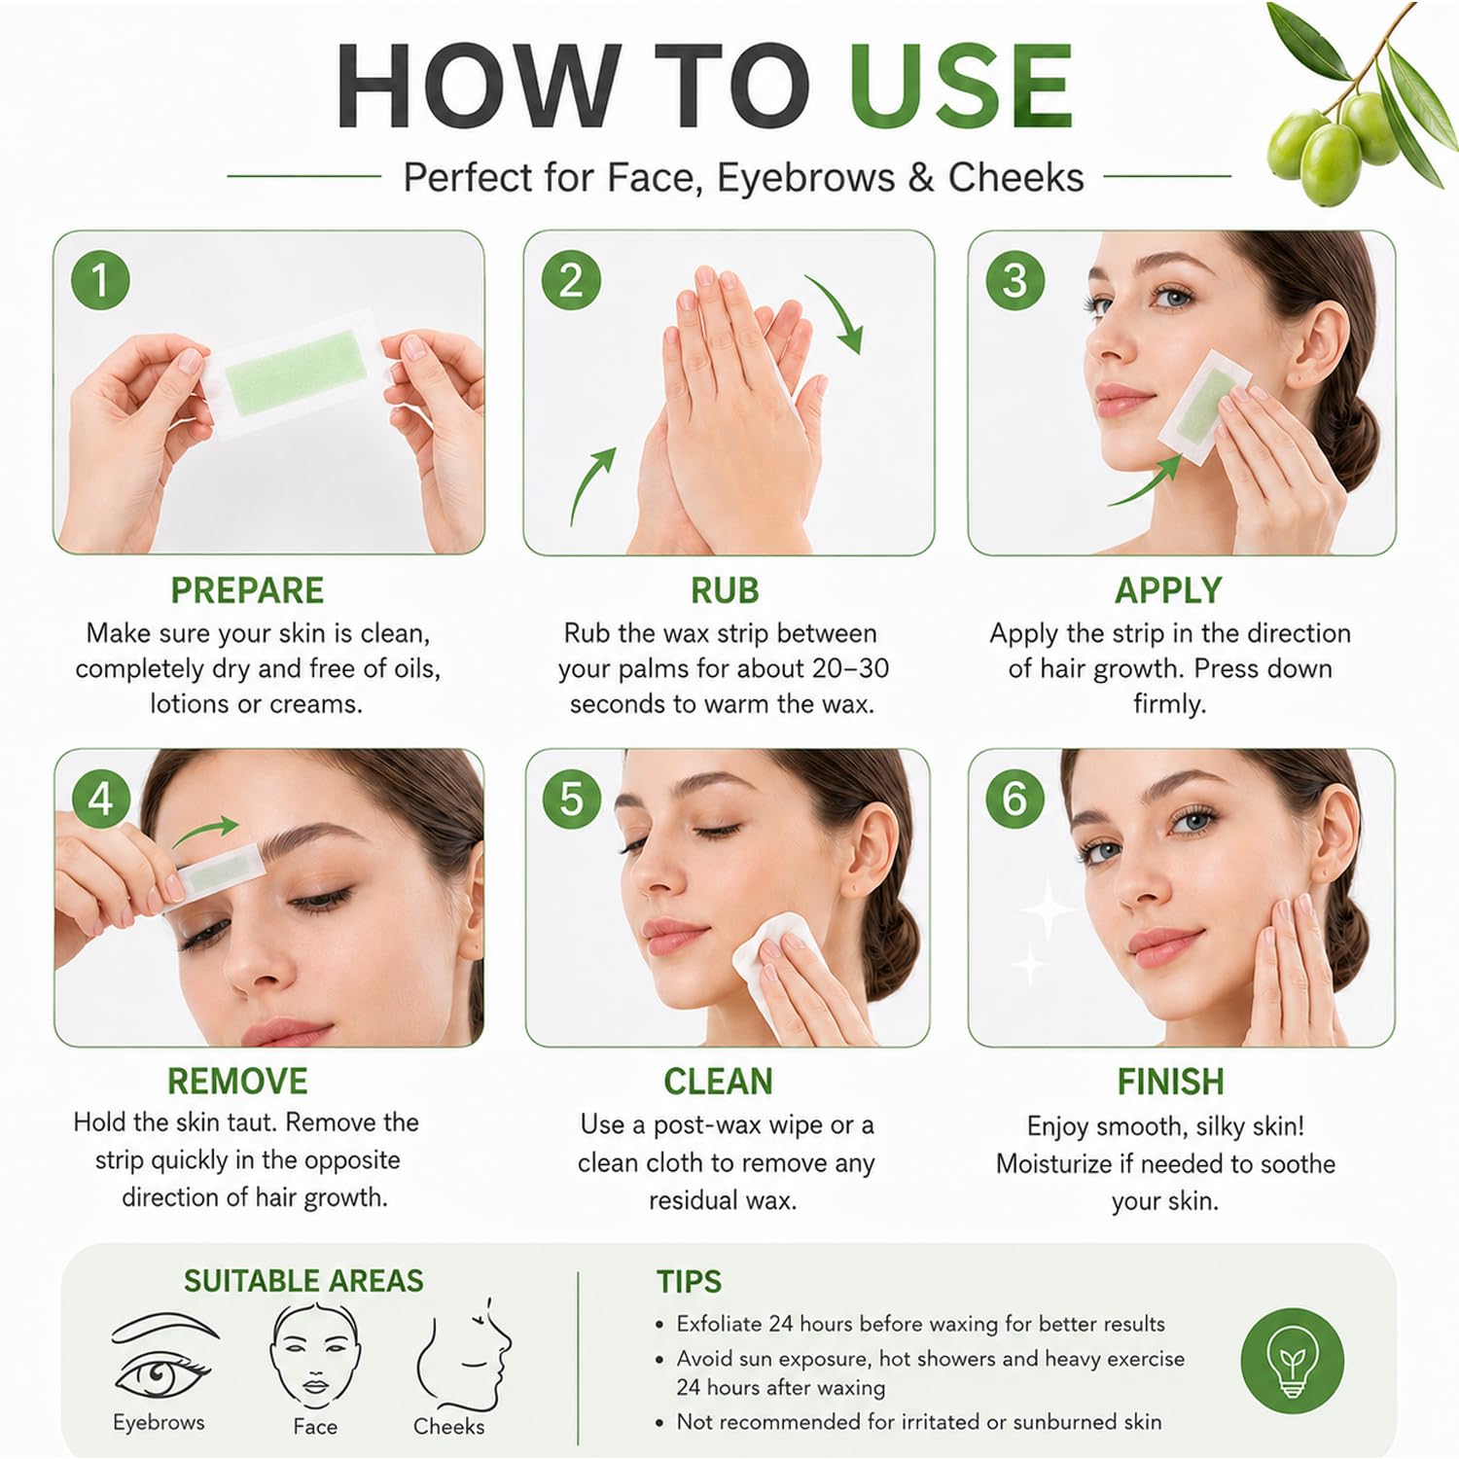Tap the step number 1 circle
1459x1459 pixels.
[99, 280]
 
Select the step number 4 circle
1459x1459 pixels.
[101, 800]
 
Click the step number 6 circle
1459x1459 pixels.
[1014, 799]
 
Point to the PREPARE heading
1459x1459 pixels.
[247, 590]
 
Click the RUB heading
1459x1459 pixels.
[725, 590]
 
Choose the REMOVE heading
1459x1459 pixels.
[237, 1082]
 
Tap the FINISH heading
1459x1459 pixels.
[1170, 1082]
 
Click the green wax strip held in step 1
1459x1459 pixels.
[295, 373]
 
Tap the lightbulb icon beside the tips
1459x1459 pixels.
[1293, 1361]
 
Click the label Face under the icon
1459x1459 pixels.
[315, 1426]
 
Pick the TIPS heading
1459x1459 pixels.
[689, 1282]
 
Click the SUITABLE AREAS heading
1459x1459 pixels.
[303, 1281]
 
